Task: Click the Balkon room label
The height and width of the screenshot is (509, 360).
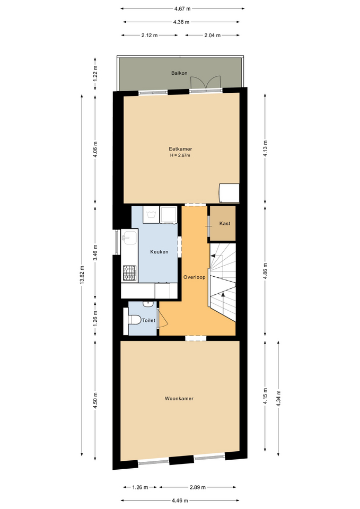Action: [179, 73]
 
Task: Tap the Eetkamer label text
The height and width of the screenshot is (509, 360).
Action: [180, 149]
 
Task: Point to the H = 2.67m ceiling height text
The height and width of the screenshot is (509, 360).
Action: [180, 155]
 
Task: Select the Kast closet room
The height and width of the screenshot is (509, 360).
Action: [223, 223]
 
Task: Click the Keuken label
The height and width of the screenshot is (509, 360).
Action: [159, 251]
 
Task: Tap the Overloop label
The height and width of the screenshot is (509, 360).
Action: [195, 277]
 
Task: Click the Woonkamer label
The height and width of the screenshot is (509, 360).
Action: [179, 398]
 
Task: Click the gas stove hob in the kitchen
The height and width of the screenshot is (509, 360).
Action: [129, 273]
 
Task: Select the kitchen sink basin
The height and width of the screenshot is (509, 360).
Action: [129, 238]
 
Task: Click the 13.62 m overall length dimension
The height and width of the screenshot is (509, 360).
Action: [82, 275]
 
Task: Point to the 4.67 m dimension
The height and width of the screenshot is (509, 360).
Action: [182, 9]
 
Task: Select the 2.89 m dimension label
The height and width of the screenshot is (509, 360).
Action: [198, 487]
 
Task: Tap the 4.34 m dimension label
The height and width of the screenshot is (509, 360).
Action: [278, 398]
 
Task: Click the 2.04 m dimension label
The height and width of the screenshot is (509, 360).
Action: [213, 35]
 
